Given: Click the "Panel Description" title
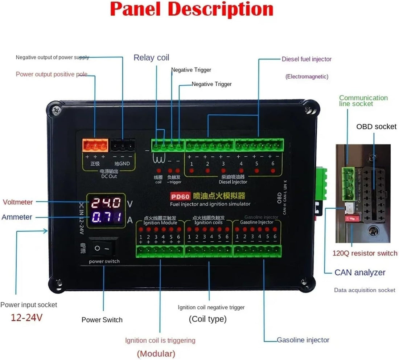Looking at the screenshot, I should coord(191,10).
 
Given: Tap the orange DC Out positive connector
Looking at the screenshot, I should coord(95,146).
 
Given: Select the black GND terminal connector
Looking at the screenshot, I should coord(123,146).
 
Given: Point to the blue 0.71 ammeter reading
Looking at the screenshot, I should coord(106,218).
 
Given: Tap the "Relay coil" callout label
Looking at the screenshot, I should coord(151,58).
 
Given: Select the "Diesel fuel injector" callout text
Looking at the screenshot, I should coord(307,59).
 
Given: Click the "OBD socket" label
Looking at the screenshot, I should coord(376,127).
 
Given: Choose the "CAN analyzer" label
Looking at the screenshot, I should coord(360,273).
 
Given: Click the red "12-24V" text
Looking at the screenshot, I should coord(26,318).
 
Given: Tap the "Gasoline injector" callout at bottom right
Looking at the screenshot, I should coord(303,340).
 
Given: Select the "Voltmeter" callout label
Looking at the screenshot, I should coord(18,202).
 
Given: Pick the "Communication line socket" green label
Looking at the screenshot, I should coord(363,101).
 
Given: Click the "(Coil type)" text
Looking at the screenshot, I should coord(207,319).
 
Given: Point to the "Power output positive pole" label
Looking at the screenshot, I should coord(52,74).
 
